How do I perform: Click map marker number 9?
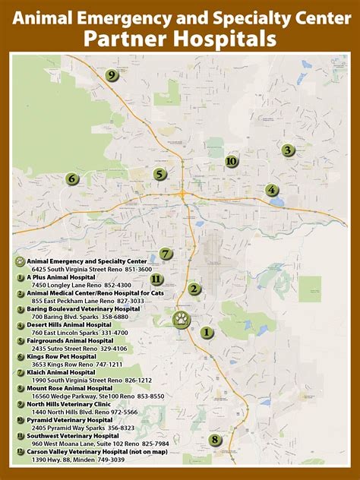pos(112,74)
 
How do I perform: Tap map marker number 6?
pos(72,179)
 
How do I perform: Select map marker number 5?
pos(160,174)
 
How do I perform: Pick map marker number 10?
pos(231,161)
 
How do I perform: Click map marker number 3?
pos(288,150)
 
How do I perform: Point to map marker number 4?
pos(272,190)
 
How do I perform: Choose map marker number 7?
pos(166,254)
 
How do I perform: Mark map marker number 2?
pos(194,289)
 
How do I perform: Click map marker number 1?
pos(206,332)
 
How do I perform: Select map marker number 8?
pos(215,439)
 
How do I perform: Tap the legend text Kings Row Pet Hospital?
pos(61,356)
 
